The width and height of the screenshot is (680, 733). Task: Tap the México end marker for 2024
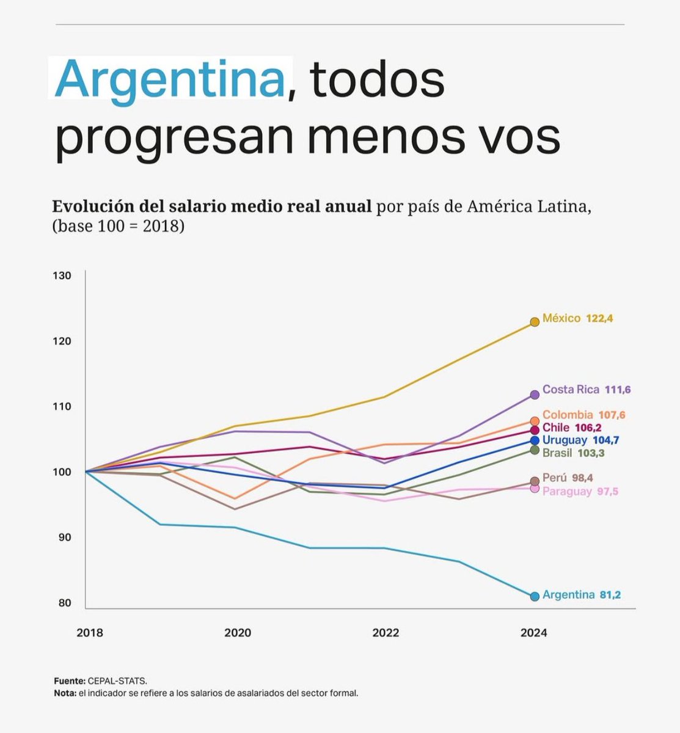click(535, 321)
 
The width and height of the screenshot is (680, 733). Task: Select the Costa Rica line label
click(571, 390)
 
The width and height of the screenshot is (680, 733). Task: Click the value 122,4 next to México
click(599, 319)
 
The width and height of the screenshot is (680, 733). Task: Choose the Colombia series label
click(568, 415)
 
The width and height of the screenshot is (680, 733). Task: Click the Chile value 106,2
click(588, 428)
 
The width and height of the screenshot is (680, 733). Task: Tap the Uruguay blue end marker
click(535, 440)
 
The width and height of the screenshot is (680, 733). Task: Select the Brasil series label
click(557, 453)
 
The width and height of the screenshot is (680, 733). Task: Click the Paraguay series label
click(567, 492)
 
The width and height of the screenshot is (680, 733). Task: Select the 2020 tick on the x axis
click(238, 633)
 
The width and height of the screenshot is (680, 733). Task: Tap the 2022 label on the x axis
click(386, 633)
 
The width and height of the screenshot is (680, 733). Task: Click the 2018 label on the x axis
click(90, 633)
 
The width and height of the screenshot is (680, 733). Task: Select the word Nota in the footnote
click(64, 693)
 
